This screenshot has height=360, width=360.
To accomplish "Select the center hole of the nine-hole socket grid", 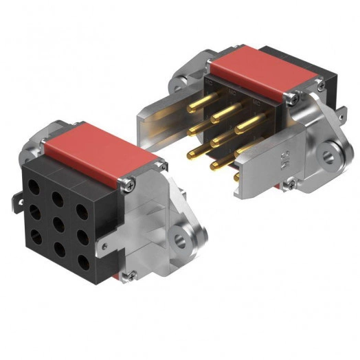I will coord(57,224).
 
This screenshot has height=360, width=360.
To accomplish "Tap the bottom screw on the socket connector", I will coord(126,275).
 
